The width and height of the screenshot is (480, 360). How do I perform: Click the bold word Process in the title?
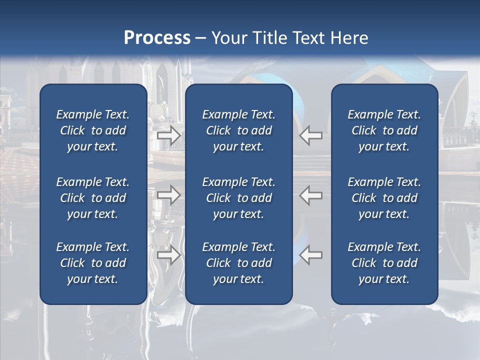(157, 38)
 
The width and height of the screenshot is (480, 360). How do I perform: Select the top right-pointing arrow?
(168, 135)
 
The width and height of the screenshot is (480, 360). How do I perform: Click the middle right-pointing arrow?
(168, 195)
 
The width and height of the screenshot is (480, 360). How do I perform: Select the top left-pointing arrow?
(311, 135)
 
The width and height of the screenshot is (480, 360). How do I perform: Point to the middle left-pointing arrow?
(311, 195)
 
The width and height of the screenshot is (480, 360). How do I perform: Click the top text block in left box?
(93, 130)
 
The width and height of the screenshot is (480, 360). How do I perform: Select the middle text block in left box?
(93, 198)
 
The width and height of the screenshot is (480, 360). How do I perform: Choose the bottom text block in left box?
(93, 263)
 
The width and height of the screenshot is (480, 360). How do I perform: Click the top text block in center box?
(238, 130)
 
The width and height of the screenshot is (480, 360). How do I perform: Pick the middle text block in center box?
(238, 198)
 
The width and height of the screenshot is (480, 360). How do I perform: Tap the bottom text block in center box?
(238, 263)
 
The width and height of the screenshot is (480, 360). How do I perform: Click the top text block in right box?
(384, 130)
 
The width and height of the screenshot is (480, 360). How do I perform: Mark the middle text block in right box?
(384, 198)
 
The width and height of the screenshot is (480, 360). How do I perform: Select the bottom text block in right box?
(384, 263)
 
